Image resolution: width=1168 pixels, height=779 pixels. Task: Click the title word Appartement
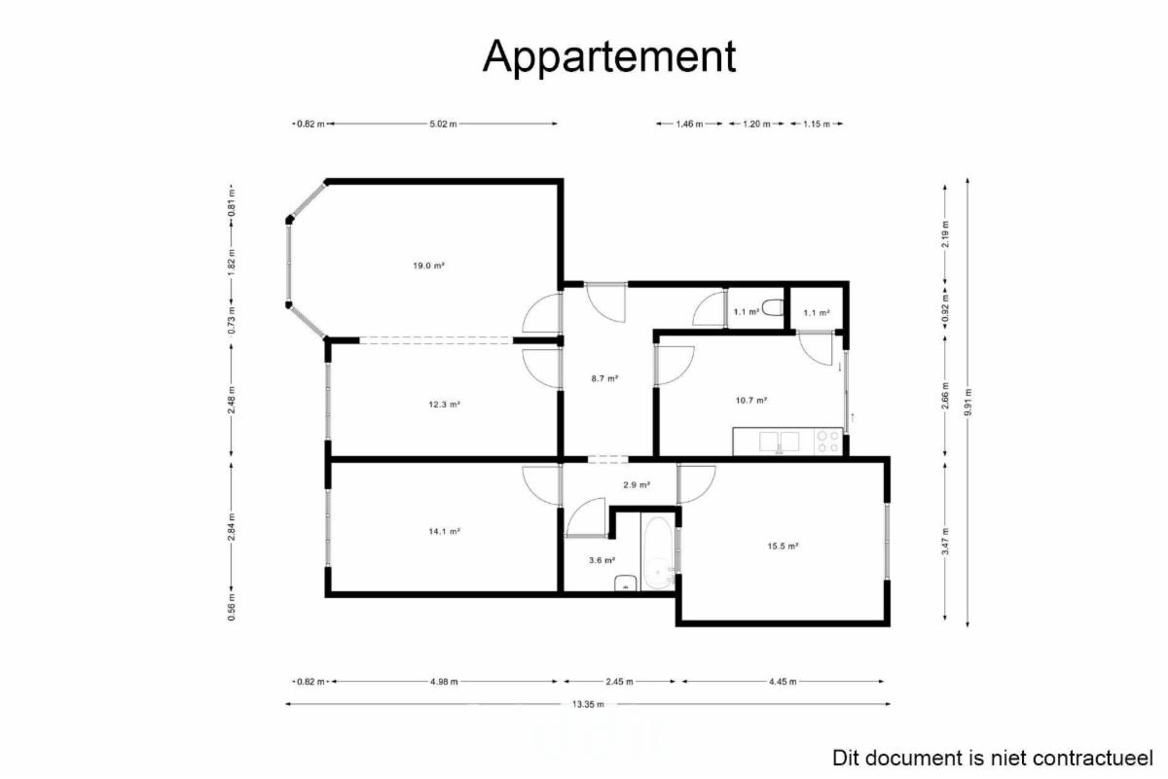[x=609, y=56]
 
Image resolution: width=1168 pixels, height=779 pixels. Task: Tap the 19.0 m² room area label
[x=428, y=266]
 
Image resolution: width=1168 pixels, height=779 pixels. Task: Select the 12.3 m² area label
[x=444, y=405]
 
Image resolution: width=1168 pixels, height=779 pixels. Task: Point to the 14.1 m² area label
[x=444, y=532]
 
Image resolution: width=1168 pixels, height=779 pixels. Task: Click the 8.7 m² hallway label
[x=604, y=378]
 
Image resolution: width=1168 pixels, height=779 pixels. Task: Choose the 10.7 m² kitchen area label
[x=751, y=400]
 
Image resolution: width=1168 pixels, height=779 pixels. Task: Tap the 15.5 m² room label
[x=784, y=547]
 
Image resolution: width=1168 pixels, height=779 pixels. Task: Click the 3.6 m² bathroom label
[x=602, y=560]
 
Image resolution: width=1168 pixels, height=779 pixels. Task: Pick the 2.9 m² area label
[x=637, y=484]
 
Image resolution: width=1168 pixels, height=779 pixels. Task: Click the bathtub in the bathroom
[x=658, y=552]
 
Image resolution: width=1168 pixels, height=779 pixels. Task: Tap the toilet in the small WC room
[x=773, y=307]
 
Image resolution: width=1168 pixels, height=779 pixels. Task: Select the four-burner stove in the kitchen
[x=828, y=442]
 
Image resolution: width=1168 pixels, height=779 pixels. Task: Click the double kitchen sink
[x=779, y=442]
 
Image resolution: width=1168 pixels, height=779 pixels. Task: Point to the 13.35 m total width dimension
[x=588, y=704]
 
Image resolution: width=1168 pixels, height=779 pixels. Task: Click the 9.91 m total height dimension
[x=967, y=403]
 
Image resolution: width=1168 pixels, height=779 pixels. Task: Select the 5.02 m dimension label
[x=443, y=124]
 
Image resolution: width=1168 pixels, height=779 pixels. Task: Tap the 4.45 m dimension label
[x=783, y=682]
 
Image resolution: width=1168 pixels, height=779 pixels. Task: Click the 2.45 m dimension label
[x=619, y=682]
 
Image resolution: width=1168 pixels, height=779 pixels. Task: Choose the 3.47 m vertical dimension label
[x=945, y=542]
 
